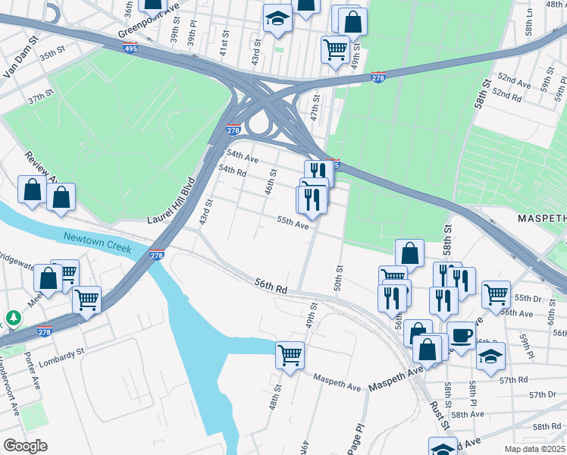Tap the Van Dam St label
pyautogui.click(x=20, y=58)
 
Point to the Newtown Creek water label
pyautogui.click(x=97, y=243)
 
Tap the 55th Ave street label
pyautogui.click(x=293, y=224)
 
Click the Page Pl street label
pyautogui.click(x=356, y=436)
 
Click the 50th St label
pyautogui.click(x=340, y=279)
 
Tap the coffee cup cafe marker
pyautogui.click(x=462, y=334)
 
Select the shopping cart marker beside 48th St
pyautogui.click(x=290, y=353)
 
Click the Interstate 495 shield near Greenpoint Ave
pyautogui.click(x=130, y=48)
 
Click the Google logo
pyautogui.click(x=24, y=445)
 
